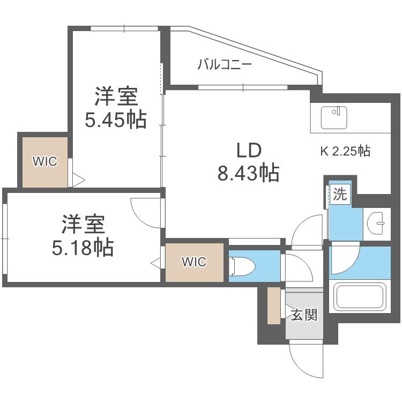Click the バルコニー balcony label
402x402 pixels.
point(225,64)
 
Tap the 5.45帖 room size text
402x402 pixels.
point(116,120)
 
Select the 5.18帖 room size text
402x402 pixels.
point(83,248)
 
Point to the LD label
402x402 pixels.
point(249,150)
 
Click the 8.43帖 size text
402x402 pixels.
point(248,173)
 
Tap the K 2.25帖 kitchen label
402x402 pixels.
point(345,151)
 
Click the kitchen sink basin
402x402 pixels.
point(334,118)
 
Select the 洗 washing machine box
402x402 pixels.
point(340,195)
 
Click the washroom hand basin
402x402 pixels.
point(376,223)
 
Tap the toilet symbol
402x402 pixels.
point(242,266)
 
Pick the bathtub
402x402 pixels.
point(360,296)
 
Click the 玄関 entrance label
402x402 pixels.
point(304,315)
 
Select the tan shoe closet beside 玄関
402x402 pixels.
point(274,306)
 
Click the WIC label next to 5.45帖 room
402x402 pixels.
point(45,161)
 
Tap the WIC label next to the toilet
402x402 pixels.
point(194,262)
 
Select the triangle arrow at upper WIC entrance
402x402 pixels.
point(78,180)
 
